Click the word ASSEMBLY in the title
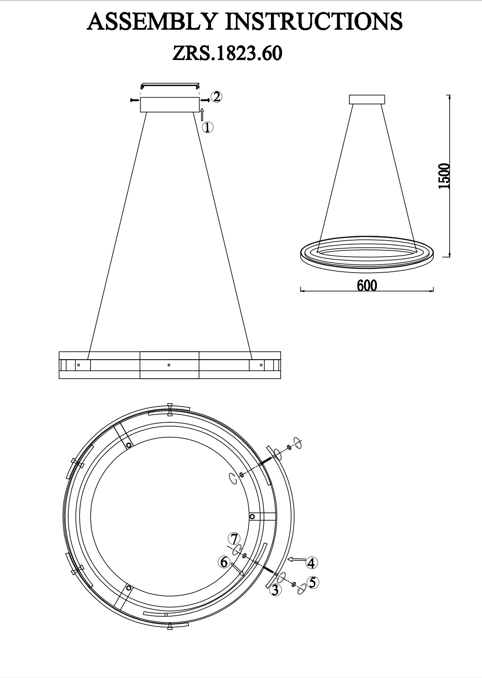click(x=152, y=21)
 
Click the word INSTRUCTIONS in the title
click(x=314, y=21)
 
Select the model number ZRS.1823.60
click(x=227, y=53)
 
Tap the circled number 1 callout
click(x=208, y=127)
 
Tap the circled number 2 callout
click(x=216, y=96)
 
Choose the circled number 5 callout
click(x=313, y=582)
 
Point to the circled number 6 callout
click(x=224, y=562)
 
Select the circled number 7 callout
click(x=234, y=539)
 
